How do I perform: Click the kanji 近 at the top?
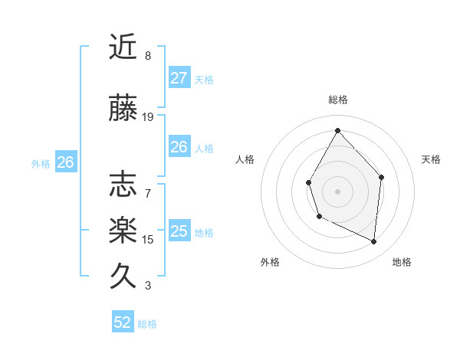point(123,47)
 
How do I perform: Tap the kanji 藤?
point(123,109)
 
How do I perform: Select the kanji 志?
point(123,185)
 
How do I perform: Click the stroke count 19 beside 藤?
point(148,117)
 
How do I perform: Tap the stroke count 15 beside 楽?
point(148,240)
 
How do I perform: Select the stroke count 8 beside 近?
point(148,56)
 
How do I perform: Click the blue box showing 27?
point(179,78)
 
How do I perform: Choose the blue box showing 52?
point(123,322)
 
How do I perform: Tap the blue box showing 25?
point(179,231)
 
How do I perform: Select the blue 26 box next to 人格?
point(179,147)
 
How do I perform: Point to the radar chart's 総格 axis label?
point(337,100)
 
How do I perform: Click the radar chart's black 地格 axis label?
point(402,262)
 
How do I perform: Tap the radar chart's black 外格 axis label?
point(270,262)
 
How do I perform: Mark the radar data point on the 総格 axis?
point(337,130)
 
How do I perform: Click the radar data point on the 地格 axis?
point(374,241)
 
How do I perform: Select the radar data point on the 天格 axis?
point(381,177)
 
